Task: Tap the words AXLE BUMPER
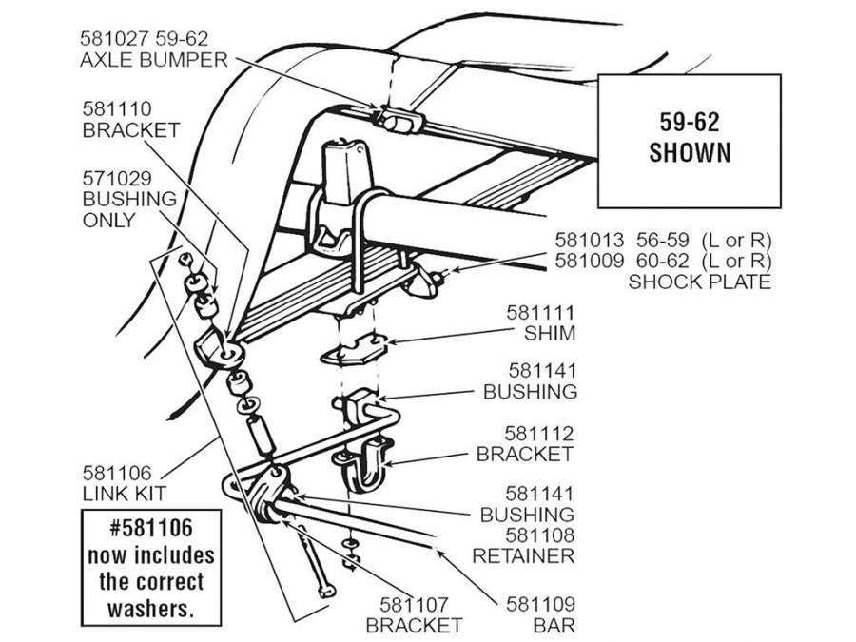155,60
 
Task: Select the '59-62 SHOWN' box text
690,138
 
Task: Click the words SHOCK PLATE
699,282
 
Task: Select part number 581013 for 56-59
589,240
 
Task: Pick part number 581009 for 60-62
589,261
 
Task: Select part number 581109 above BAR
540,603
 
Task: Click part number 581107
415,603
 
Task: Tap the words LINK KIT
124,494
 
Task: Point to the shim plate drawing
353,352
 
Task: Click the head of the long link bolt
328,592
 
